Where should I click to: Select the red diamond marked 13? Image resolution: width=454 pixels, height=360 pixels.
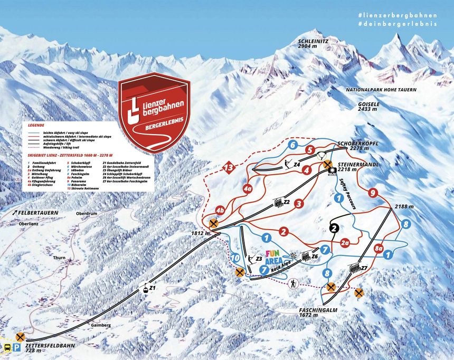pos(228,168)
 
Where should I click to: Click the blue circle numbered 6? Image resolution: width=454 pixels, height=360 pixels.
pos(292,145)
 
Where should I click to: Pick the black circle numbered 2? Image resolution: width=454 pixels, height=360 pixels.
pos(334,228)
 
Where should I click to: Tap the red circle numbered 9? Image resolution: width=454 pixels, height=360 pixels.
pos(373,193)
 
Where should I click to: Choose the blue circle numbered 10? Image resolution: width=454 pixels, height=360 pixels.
pos(235,258)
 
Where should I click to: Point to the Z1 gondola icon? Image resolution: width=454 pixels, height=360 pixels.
pos(143,288)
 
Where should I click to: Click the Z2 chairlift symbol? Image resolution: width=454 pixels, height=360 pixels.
pos(278,202)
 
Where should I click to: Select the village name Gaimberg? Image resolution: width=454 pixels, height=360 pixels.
pos(100,326)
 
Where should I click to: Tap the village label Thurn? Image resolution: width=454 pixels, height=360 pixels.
pos(59,258)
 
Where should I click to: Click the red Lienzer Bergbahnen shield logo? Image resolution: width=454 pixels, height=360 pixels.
pos(154,112)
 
